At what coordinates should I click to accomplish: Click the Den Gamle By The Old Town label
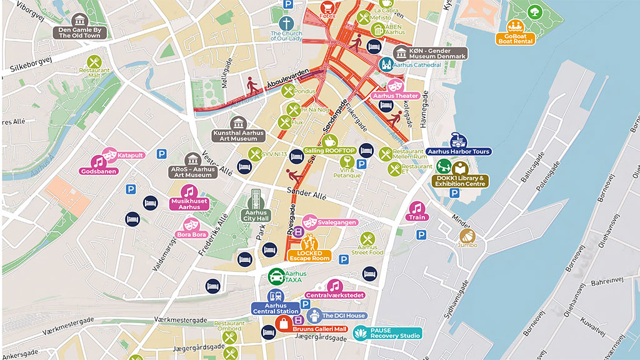[79, 32]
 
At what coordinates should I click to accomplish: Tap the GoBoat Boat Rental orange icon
[516, 26]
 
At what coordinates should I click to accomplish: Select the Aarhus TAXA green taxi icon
[276, 276]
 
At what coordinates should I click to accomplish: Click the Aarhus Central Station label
[275, 308]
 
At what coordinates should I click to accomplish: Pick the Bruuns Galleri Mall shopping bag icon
[284, 324]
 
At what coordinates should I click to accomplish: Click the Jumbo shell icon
[467, 236]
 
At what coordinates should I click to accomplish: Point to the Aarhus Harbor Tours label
[459, 152]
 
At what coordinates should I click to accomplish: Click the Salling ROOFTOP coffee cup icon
[330, 141]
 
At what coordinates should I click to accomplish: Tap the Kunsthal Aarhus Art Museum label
[238, 135]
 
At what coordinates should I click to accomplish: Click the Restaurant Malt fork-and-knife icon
[94, 61]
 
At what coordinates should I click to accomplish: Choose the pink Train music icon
[416, 208]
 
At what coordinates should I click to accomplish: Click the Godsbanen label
[99, 171]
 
